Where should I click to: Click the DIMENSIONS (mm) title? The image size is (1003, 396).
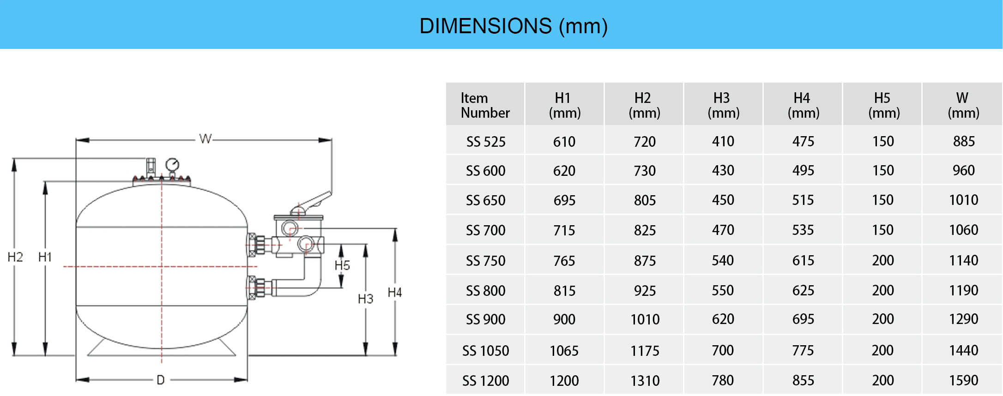point(513,26)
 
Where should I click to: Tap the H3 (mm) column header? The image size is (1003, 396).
point(723,105)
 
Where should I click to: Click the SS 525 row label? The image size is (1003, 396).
point(485,142)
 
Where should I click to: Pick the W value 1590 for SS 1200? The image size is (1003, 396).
point(963,380)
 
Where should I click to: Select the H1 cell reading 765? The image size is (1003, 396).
point(564,261)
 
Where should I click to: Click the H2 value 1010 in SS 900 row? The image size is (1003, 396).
point(645,319)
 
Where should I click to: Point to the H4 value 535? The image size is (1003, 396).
point(803,230)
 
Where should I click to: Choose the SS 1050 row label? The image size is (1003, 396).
point(485,351)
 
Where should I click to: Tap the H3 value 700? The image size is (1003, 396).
point(723,350)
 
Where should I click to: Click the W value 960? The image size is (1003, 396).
point(963,170)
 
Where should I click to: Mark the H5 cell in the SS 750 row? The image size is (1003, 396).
point(882,260)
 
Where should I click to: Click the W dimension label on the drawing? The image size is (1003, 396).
point(205,138)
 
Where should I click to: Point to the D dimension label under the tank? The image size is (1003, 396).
point(160,380)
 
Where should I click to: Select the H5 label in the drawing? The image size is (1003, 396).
point(342,265)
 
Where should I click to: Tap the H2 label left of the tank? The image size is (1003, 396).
point(15,257)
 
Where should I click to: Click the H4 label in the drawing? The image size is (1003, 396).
point(394,292)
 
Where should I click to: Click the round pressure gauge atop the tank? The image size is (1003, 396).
point(172,164)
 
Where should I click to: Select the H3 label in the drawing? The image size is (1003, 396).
point(365,299)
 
